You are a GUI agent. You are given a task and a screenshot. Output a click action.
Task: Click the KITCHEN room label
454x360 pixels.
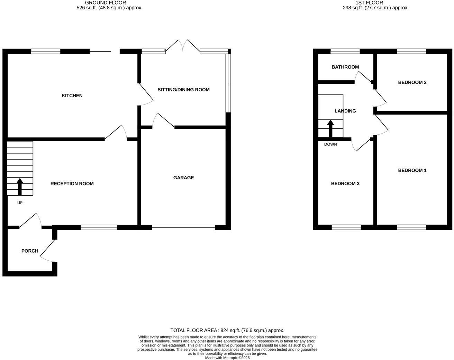pos(72,96)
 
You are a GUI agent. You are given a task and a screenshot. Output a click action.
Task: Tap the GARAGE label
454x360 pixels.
pos(183,178)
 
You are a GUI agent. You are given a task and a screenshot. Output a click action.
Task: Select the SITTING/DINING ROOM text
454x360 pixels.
pos(183,90)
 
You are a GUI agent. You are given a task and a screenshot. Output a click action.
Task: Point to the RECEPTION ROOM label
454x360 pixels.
pos(72,183)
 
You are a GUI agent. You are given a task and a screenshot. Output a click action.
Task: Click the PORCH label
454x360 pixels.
pos(30,251)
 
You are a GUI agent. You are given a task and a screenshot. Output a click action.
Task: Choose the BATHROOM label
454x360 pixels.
pos(345,67)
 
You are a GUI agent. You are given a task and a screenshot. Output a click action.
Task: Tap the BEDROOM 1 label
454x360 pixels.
pos(412,170)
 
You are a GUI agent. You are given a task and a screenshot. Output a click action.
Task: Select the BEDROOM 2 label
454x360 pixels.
pos(412,82)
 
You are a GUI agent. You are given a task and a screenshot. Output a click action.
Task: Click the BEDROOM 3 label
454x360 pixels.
pos(345,183)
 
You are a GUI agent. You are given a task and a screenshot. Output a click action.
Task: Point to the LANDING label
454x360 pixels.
pos(345,111)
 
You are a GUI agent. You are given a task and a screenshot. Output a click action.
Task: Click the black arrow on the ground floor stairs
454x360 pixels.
pos(20,187)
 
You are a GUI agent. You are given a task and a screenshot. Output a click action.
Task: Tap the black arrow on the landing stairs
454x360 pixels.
pos(330,128)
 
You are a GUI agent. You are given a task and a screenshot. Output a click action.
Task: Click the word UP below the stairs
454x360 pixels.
pos(20,203)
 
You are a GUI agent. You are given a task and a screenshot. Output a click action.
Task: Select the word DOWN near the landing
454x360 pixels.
pos(330,144)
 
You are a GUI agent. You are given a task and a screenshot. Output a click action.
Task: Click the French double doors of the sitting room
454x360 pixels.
pos(182,46)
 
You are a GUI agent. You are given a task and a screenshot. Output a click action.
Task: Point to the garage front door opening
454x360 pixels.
pos(183,227)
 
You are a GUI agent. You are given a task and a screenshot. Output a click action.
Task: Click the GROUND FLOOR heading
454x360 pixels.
pos(106,3)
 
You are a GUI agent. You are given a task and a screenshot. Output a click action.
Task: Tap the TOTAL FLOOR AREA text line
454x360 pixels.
pos(227,331)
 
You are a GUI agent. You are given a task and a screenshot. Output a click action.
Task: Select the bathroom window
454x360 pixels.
pos(345,52)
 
